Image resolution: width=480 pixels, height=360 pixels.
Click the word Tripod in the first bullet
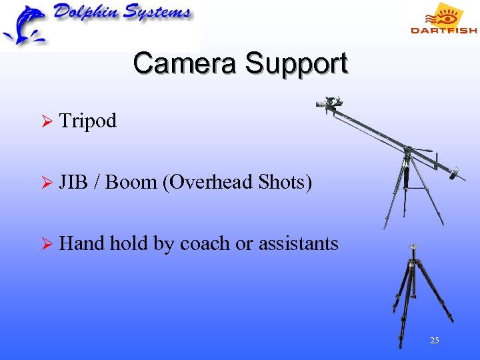pyautogui.click(x=88, y=121)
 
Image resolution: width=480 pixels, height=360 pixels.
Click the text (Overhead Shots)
pyautogui.click(x=237, y=182)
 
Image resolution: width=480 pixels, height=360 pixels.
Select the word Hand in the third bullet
pyautogui.click(x=82, y=243)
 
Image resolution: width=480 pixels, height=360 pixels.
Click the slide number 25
pyautogui.click(x=435, y=341)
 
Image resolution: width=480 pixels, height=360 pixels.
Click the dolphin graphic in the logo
pyautogui.click(x=23, y=25)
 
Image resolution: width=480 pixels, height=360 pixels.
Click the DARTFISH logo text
pyautogui.click(x=443, y=30)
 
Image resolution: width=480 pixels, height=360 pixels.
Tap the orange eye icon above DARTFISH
pyautogui.click(x=444, y=14)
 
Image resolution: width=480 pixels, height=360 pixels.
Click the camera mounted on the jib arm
pyautogui.click(x=331, y=103)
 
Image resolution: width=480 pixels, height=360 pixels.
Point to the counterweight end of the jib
pyautogui.click(x=456, y=175)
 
